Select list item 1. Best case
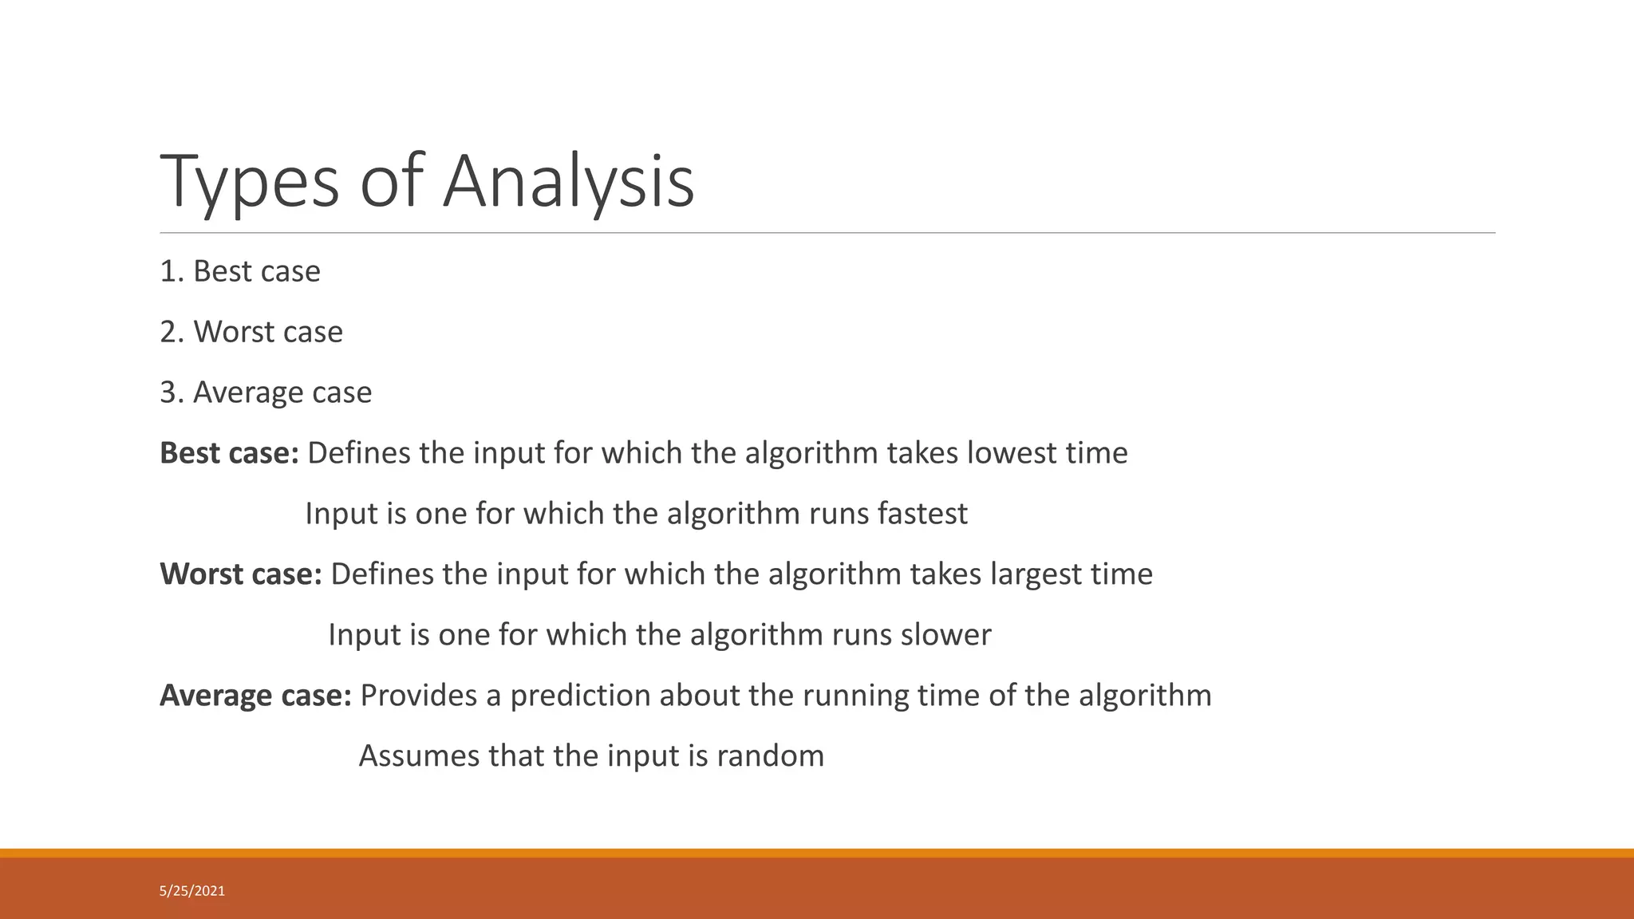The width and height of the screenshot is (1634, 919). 240,271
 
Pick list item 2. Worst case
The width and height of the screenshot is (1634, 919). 251,332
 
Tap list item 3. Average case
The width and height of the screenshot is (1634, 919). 266,392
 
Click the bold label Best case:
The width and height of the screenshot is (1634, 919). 229,453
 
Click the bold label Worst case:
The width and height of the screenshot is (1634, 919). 241,574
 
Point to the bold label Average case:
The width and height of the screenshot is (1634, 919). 255,696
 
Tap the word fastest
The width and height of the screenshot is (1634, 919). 922,514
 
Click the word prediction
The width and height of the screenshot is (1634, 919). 580,696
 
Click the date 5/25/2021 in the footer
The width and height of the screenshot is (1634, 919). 192,891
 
